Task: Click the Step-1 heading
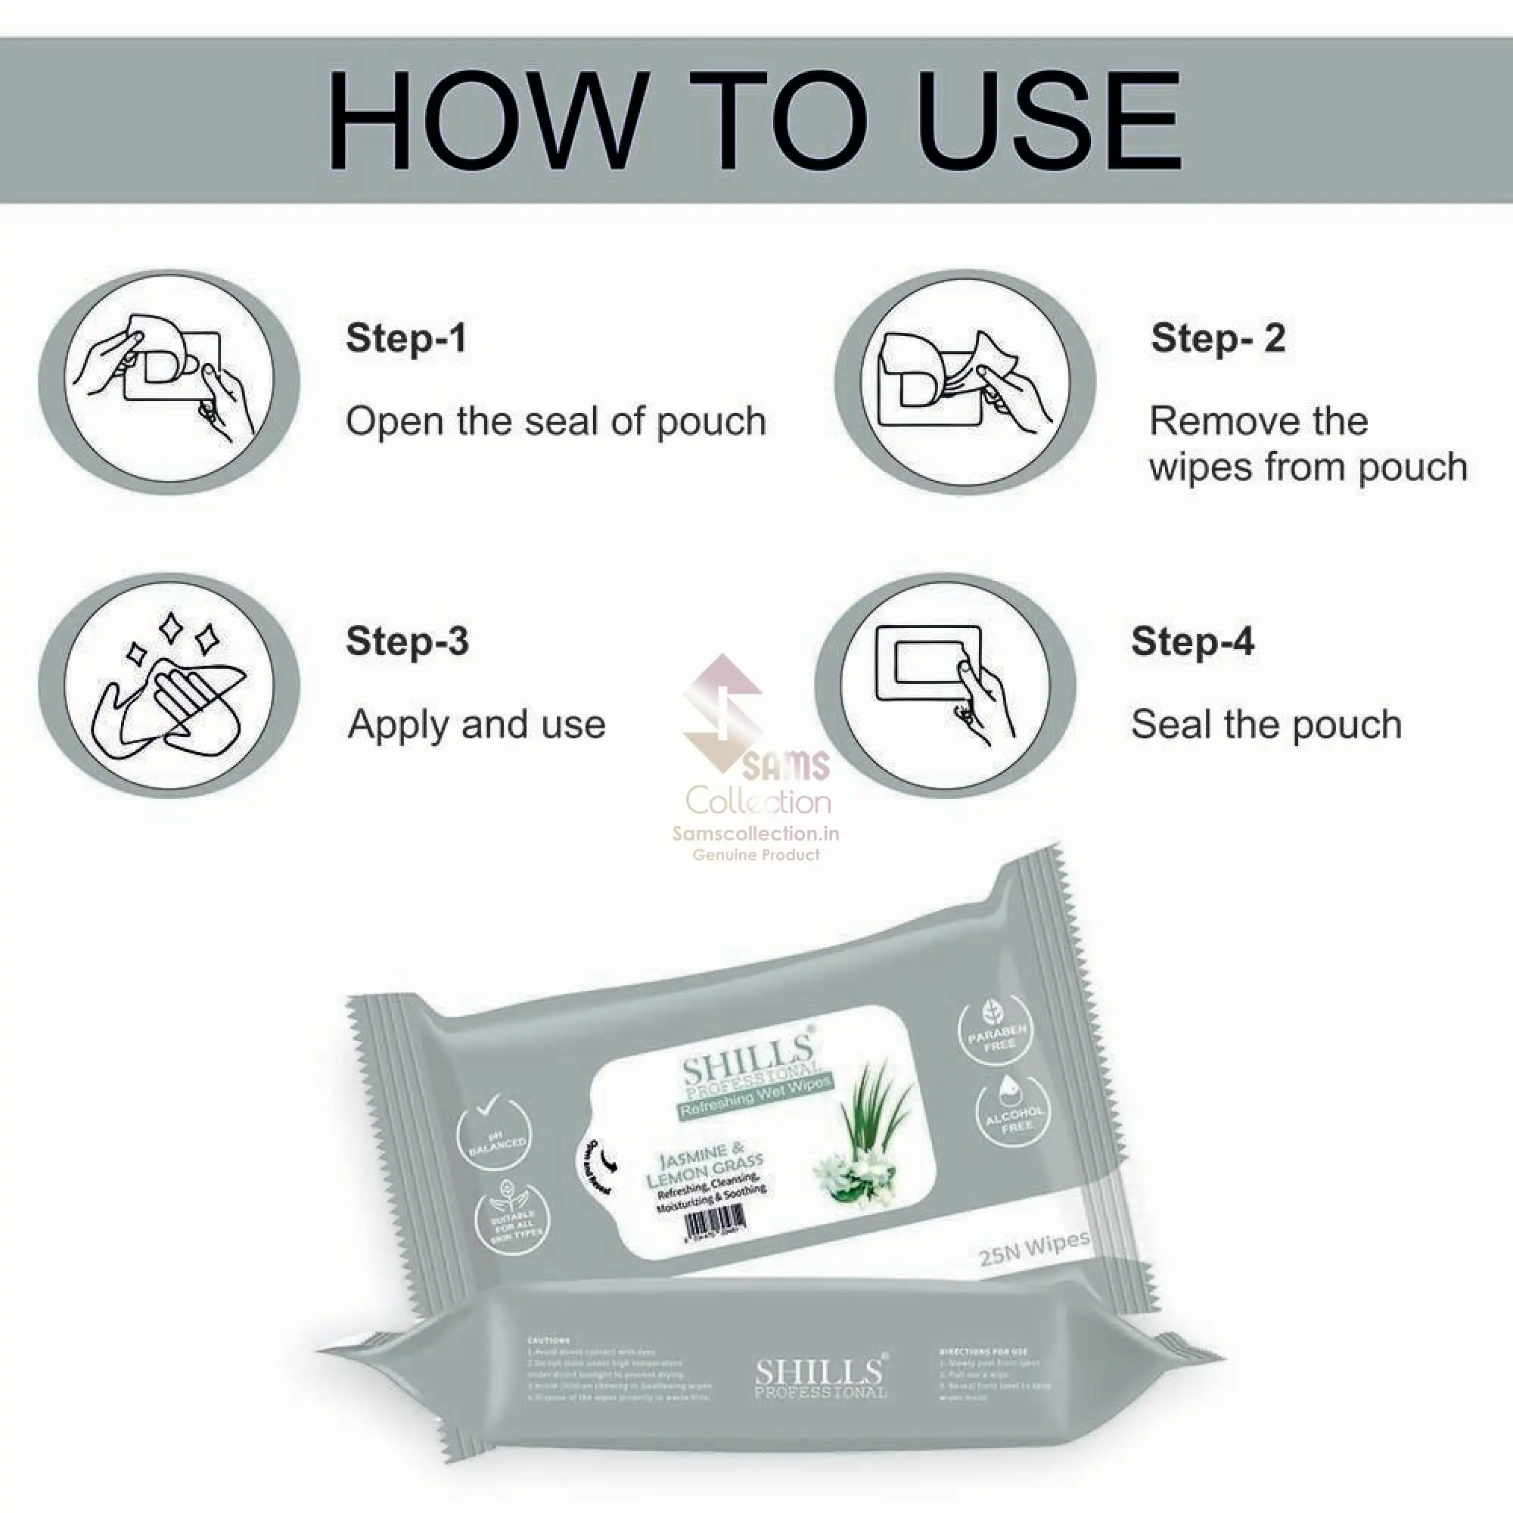(405, 338)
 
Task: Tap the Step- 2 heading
(1218, 338)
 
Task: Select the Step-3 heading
(407, 641)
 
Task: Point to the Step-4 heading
(1192, 641)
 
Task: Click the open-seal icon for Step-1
(169, 381)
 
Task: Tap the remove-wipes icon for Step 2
(965, 381)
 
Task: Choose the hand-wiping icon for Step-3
(169, 685)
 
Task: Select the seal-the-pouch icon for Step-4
(945, 685)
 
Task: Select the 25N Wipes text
(1033, 1247)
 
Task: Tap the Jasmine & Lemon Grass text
(704, 1164)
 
